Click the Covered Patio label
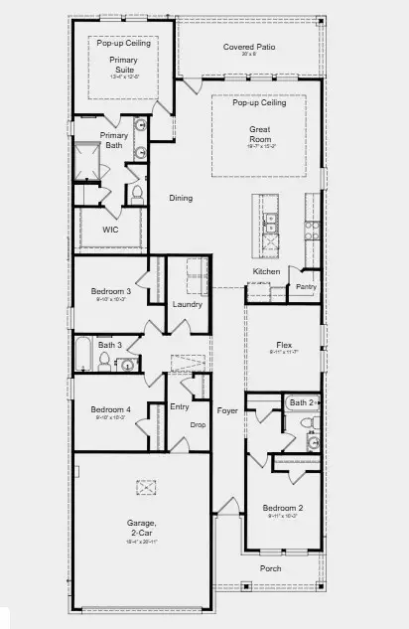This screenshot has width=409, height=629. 249,47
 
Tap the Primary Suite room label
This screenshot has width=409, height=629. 123,65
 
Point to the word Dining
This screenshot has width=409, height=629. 180,198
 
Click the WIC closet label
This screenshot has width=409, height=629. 110,230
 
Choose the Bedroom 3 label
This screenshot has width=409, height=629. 110,291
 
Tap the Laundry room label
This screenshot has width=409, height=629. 187,304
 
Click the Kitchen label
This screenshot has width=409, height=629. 266,271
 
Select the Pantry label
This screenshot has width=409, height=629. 305,288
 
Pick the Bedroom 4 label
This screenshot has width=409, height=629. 110,409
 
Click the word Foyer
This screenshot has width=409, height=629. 227,409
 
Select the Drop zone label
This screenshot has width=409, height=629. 198,424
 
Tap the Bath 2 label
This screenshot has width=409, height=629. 301,402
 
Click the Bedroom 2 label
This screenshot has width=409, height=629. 283,508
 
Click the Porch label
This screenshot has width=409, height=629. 270,568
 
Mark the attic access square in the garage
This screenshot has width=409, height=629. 147,486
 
